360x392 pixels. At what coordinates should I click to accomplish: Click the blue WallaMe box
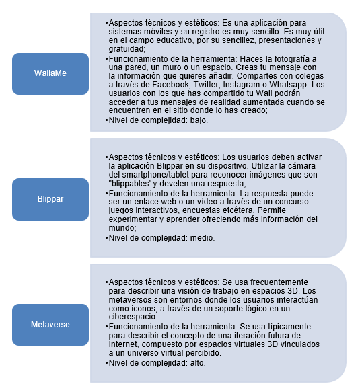50,74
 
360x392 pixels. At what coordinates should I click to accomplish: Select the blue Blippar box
50,199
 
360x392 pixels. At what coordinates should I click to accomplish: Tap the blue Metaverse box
50,325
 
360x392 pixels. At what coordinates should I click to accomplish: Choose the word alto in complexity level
194,363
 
